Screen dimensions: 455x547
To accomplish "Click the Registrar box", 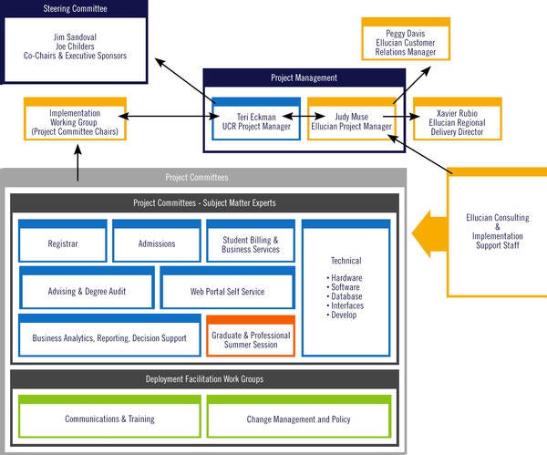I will (63, 243).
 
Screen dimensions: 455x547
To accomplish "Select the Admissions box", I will (157, 243).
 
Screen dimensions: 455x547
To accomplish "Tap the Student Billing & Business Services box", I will (251, 243).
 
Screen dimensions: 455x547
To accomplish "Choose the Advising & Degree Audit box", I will (87, 290).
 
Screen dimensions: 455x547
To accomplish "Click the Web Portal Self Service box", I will (228, 290).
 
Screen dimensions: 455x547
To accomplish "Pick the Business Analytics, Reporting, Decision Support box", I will (109, 336).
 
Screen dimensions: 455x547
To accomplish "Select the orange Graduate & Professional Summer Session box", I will (251, 337).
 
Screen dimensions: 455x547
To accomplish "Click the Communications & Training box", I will (109, 419).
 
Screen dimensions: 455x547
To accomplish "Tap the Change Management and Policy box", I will (299, 419).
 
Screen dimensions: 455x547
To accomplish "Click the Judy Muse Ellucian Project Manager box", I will (350, 120).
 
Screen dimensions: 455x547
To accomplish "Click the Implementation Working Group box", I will (76, 121).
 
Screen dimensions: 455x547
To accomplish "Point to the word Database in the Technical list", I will (346, 296).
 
